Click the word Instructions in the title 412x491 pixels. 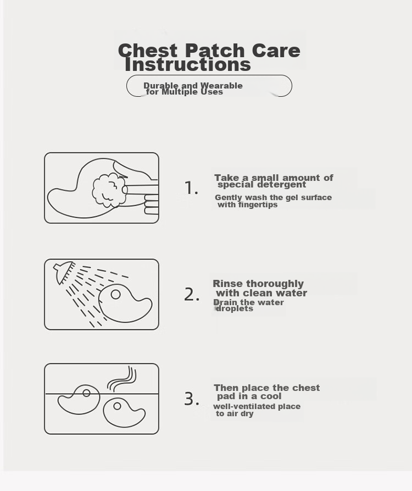click(188, 65)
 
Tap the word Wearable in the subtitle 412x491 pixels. click(221, 85)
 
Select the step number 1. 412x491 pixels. click(191, 188)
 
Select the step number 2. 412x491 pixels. click(192, 294)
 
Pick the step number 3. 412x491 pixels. click(192, 399)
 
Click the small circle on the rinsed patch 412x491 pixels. click(116, 294)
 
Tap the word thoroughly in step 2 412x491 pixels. click(275, 284)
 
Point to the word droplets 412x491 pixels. click(235, 309)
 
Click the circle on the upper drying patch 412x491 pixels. click(87, 393)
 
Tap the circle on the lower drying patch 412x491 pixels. click(118, 406)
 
